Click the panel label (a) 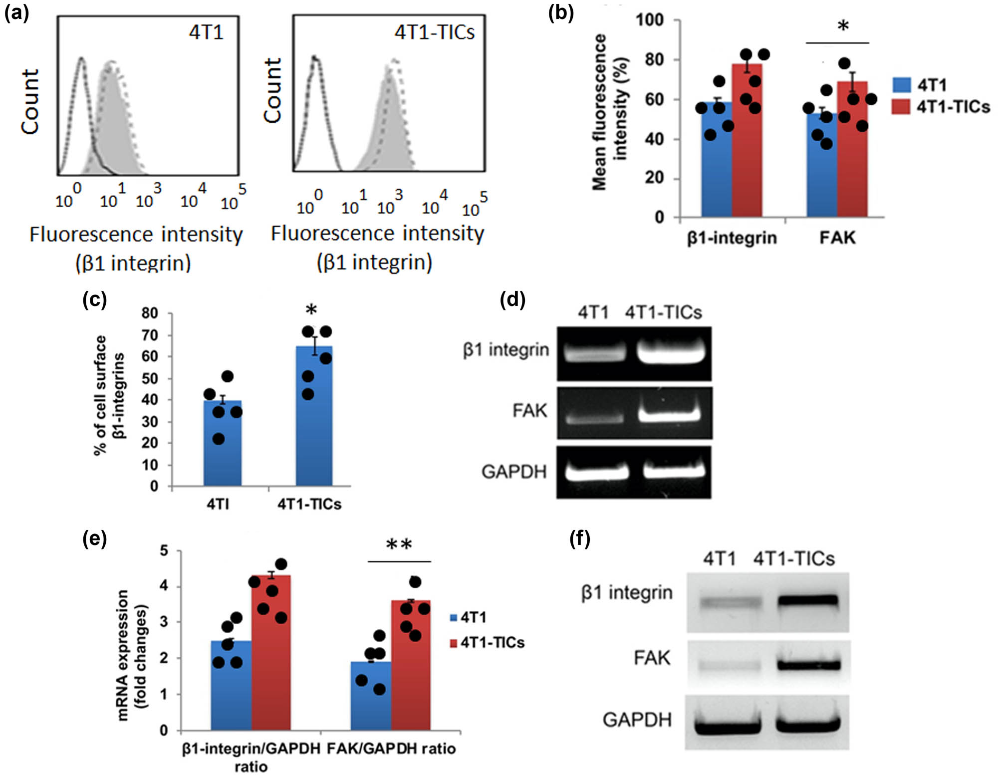tap(16, 13)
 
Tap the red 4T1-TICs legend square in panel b tap(901, 106)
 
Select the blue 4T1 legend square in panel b tap(901, 85)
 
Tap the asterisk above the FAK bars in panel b tap(843, 26)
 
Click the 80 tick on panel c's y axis tap(150, 313)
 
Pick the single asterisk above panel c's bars tap(311, 310)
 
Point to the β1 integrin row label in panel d tap(505, 350)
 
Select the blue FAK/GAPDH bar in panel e tap(371, 696)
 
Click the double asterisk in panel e tap(399, 544)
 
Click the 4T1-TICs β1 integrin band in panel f tap(808, 601)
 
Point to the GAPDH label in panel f tap(637, 720)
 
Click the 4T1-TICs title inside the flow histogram tap(434, 32)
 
